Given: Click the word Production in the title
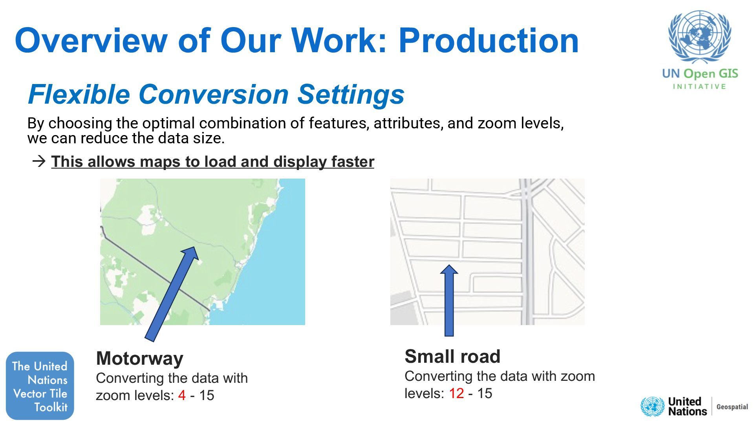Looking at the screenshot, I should [x=489, y=40].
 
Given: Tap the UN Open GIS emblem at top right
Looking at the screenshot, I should [x=699, y=37].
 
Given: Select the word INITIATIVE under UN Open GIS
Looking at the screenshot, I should [x=699, y=86].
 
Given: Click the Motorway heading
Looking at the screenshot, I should [x=139, y=358].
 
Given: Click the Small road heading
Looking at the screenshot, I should [x=452, y=356].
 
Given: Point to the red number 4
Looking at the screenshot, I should [x=181, y=395].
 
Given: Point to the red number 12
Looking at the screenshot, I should [x=456, y=393].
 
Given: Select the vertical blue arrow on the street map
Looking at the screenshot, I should [x=449, y=302].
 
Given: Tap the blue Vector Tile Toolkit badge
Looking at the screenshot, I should [x=40, y=386].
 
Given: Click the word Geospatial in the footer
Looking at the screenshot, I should [x=732, y=407].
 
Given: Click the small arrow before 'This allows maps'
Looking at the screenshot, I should [x=39, y=161].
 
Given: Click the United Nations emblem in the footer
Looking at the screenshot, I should [x=652, y=407].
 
